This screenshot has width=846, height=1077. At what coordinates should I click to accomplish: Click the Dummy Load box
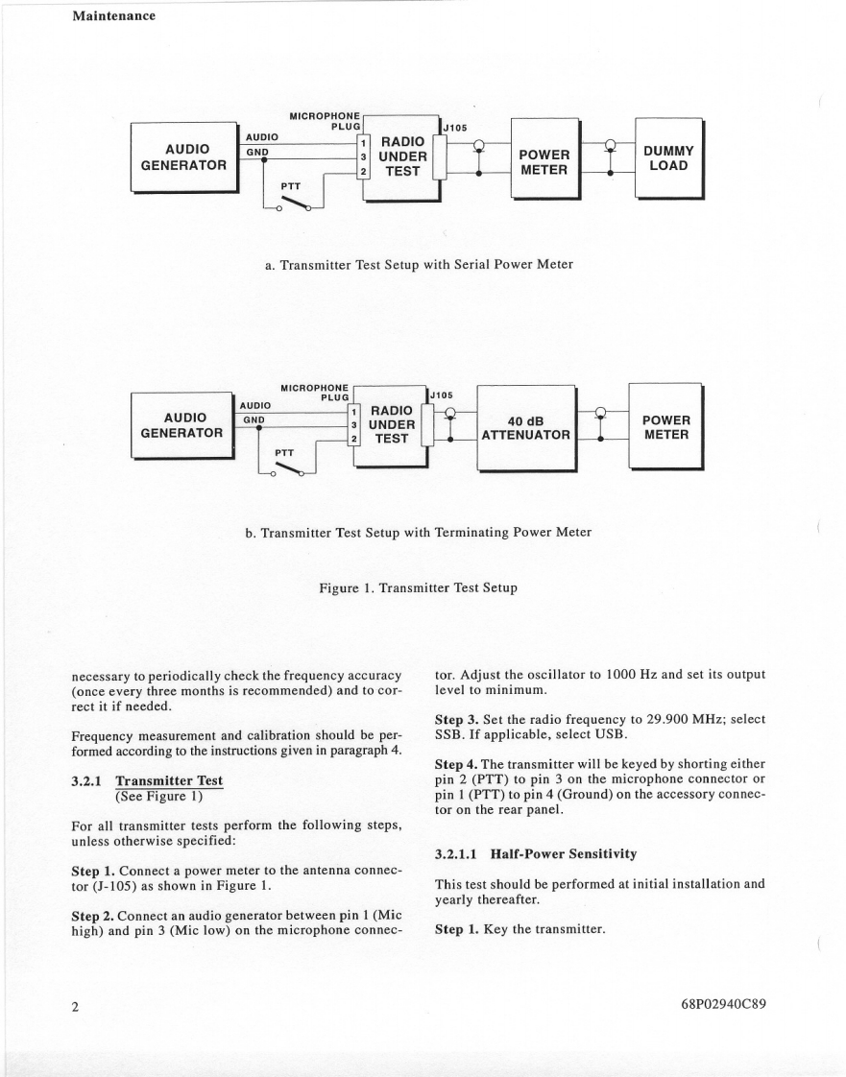pos(668,157)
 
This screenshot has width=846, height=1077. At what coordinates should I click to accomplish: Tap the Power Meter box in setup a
pos(544,161)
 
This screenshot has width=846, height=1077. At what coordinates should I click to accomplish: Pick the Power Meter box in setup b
pos(665,426)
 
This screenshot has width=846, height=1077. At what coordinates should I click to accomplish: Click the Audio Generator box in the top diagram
pos(182,156)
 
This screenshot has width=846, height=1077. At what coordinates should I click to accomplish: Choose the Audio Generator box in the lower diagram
pos(181,424)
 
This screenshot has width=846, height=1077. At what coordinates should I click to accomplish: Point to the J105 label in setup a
pos(455,127)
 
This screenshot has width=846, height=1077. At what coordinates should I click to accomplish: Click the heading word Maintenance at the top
pos(113,15)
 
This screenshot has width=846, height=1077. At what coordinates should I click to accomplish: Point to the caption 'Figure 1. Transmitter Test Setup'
pos(418,587)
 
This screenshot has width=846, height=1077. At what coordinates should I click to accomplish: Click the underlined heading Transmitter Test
pos(168,780)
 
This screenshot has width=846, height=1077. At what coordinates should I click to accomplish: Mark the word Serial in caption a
pos(461,264)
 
